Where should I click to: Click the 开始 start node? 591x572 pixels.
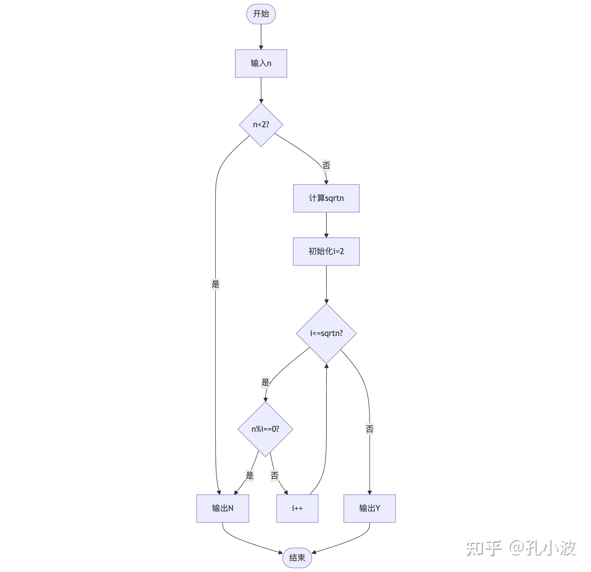[x=261, y=14]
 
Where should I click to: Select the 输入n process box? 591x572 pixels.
[x=261, y=63]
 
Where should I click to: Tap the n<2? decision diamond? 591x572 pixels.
[x=261, y=125]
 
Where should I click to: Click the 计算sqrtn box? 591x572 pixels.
[x=326, y=198]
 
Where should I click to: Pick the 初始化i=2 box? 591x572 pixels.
[x=326, y=251]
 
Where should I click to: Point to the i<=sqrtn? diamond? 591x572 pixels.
[x=326, y=333]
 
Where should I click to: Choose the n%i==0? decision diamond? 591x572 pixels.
[x=265, y=429]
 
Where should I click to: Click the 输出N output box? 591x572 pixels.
[x=223, y=508]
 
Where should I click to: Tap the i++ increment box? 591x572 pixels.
[x=297, y=508]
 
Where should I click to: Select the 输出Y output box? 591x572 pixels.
[x=369, y=508]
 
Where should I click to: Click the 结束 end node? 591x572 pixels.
[x=297, y=558]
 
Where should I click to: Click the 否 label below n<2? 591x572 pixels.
[x=326, y=165]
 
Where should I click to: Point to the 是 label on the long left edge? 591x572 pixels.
[x=215, y=284]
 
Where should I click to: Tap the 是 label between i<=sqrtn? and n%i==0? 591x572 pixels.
[x=265, y=382]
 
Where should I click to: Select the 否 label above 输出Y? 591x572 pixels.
[x=370, y=428]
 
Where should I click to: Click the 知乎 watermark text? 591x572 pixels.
[x=484, y=548]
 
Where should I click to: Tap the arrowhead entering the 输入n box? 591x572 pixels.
[x=261, y=47]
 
